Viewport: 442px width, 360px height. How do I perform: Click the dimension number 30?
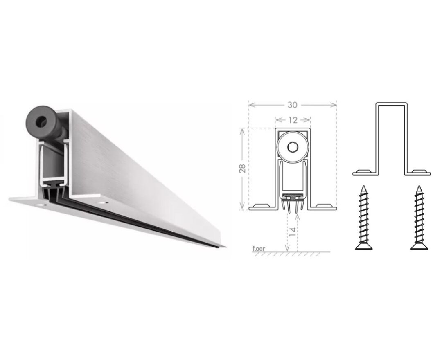[x=292, y=105]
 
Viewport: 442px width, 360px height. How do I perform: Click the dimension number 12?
[x=293, y=120]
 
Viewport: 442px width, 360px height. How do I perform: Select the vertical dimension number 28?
[x=242, y=169]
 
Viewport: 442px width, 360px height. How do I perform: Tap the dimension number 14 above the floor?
[x=293, y=231]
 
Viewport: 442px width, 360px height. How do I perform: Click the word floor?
[x=259, y=248]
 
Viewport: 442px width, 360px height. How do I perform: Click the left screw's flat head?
[x=364, y=247]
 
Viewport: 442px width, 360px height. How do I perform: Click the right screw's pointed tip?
[x=419, y=186]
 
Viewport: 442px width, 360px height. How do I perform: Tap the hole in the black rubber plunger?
[x=41, y=121]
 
